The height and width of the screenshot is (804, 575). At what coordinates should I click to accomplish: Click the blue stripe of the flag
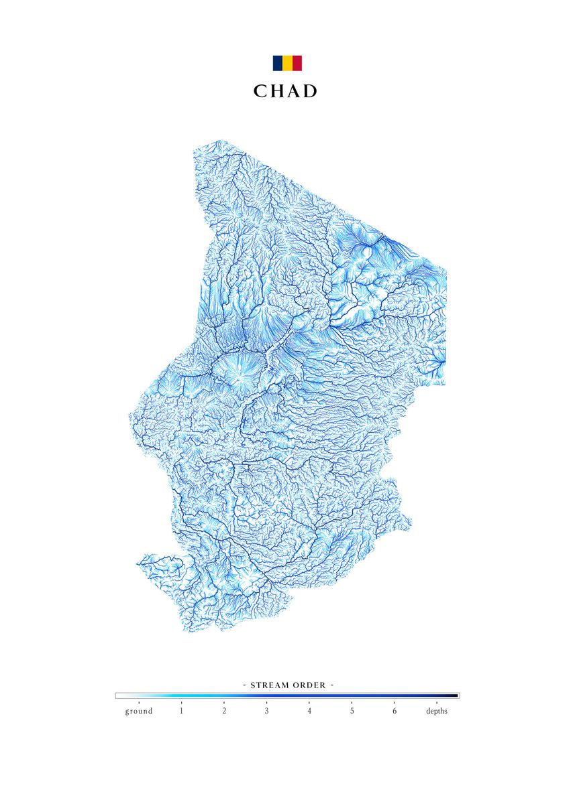[277, 63]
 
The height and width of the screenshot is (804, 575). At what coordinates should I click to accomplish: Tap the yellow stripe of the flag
[287, 63]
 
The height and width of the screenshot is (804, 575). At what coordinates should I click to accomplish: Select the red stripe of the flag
[297, 63]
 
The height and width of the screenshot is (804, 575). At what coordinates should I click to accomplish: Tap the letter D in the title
[310, 92]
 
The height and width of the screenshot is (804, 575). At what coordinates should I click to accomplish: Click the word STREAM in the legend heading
[272, 685]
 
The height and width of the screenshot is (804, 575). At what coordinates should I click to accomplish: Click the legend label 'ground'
[138, 711]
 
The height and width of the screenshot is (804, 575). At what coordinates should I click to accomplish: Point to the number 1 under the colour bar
[181, 711]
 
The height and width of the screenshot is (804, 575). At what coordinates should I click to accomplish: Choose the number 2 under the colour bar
[224, 711]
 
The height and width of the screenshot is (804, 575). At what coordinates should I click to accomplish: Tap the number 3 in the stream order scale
[266, 711]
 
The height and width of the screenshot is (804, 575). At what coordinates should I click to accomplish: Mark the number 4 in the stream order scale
[309, 711]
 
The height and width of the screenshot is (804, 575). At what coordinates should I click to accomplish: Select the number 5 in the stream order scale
[352, 711]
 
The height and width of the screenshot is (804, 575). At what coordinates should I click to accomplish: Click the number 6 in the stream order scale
[395, 711]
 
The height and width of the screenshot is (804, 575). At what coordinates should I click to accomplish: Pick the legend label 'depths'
[437, 711]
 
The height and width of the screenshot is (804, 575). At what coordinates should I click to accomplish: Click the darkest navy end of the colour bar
[456, 696]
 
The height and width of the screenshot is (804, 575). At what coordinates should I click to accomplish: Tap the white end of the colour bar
[119, 696]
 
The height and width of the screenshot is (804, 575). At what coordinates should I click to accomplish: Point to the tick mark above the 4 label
[309, 703]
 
